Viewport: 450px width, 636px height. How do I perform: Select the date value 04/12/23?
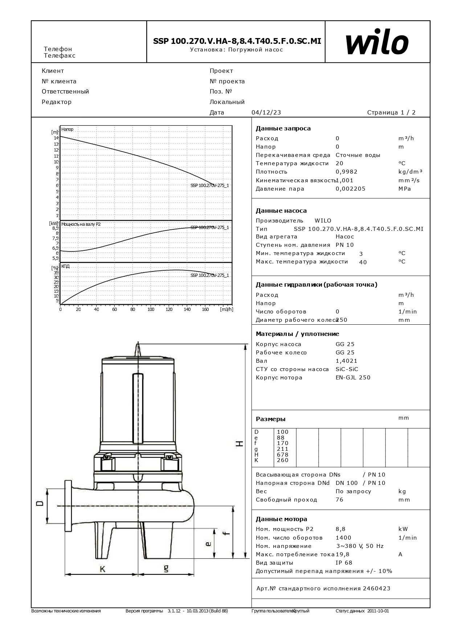click(266, 112)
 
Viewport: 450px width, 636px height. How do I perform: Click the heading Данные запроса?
click(283, 128)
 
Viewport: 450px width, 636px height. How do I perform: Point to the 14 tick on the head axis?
click(56, 138)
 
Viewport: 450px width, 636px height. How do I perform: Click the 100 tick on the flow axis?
click(151, 309)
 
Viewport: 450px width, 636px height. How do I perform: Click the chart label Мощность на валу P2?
click(81, 224)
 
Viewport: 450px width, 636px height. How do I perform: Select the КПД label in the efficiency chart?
click(65, 266)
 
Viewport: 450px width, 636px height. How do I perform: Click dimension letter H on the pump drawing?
click(239, 444)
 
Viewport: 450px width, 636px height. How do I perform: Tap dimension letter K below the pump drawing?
click(102, 569)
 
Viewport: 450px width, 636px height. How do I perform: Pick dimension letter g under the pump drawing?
click(166, 569)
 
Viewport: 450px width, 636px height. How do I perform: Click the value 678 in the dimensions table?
click(282, 454)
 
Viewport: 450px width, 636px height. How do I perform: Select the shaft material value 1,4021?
click(346, 361)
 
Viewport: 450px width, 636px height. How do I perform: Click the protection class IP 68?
click(344, 563)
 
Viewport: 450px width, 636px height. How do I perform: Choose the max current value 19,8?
click(342, 554)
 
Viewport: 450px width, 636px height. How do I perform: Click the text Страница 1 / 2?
click(391, 112)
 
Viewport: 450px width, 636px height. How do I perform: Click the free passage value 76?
click(339, 500)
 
